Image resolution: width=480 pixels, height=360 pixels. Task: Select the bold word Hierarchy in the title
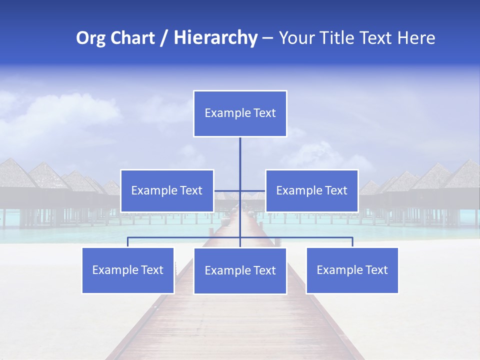(215, 38)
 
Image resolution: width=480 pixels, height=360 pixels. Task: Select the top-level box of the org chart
(240, 113)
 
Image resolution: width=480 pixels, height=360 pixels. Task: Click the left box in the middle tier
(167, 190)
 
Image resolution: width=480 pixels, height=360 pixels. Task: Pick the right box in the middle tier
(312, 190)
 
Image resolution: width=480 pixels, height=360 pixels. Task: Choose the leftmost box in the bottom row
(128, 270)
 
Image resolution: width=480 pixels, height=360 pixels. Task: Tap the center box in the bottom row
(240, 270)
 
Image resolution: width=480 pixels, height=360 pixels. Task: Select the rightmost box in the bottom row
(352, 270)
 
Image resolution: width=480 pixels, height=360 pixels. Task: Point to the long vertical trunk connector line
(240, 160)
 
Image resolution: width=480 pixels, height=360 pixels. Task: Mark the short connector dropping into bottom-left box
(128, 242)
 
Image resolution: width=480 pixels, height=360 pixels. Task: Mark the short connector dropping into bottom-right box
(352, 242)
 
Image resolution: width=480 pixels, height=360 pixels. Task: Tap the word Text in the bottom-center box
(265, 270)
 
